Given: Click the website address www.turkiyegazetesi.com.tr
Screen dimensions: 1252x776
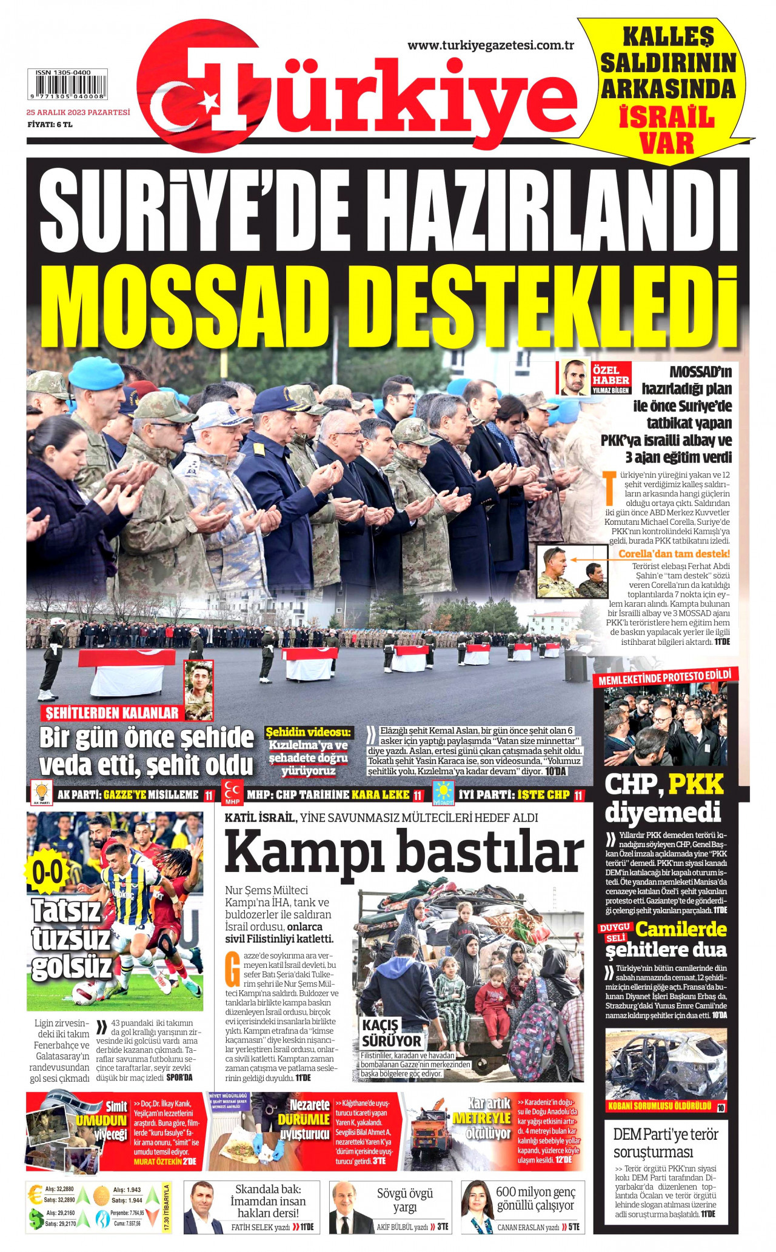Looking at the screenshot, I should (490, 45).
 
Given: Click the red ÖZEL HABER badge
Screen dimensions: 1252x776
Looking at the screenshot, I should (610, 376).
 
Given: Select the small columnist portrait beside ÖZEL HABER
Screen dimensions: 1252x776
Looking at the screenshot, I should (574, 377).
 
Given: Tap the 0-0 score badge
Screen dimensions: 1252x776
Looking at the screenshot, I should (47, 873).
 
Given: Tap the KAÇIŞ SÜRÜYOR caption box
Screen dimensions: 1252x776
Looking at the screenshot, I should (391, 1033).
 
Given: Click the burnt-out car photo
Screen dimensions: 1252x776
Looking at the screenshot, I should (665, 1066).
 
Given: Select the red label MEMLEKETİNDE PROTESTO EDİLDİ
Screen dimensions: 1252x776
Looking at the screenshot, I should (664, 678).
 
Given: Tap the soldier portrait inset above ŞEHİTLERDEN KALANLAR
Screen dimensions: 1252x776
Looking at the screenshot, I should (199, 690).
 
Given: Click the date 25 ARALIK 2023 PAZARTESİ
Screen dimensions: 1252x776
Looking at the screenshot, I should (78, 112).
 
